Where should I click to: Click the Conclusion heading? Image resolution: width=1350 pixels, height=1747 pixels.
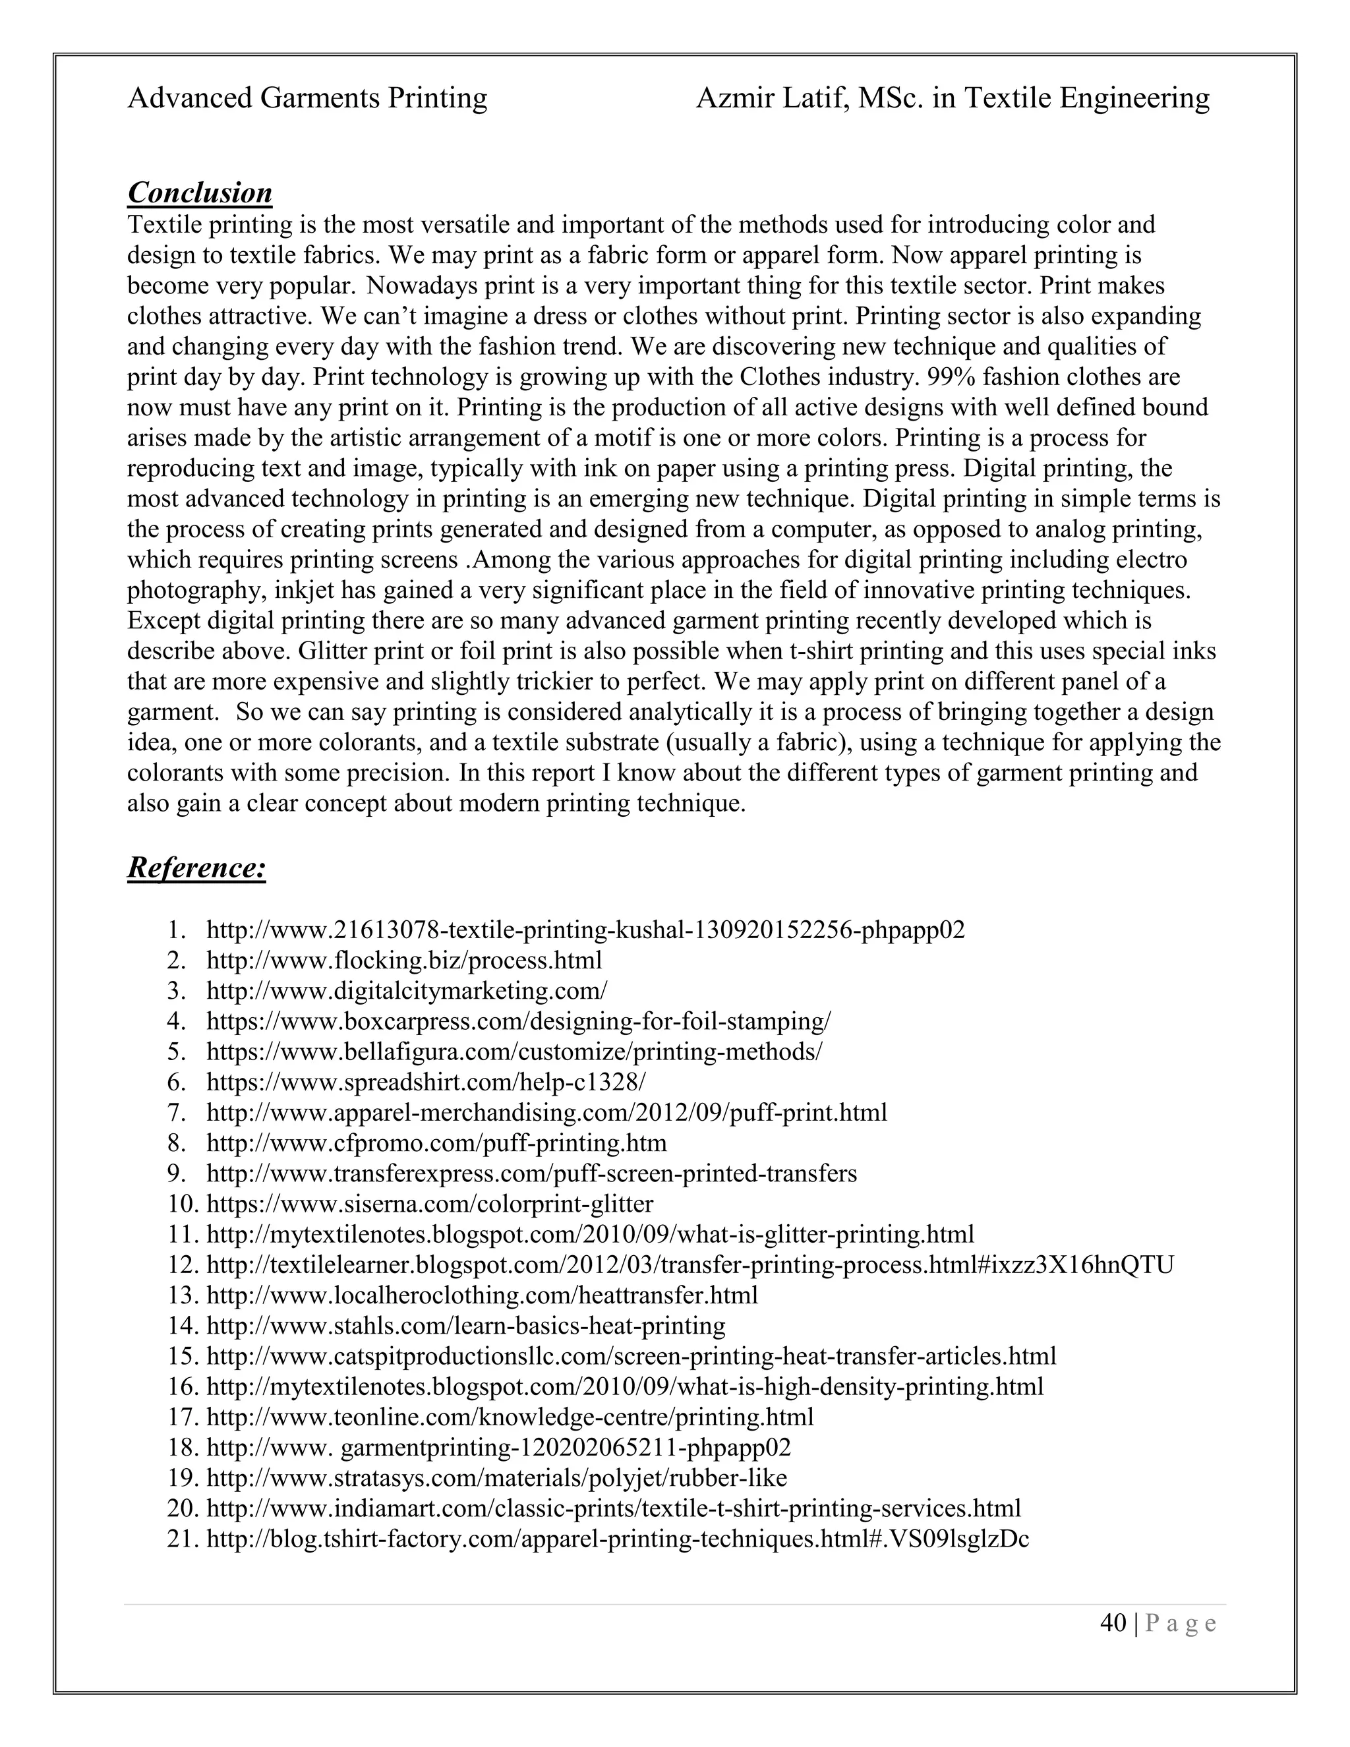[x=200, y=192]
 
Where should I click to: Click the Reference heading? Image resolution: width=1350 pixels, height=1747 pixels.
[x=196, y=868]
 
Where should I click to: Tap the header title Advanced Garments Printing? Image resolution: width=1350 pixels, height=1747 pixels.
[x=307, y=98]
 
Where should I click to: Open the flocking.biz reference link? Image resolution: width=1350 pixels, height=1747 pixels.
[x=404, y=961]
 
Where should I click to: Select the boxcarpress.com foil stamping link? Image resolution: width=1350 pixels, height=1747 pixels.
[x=518, y=1021]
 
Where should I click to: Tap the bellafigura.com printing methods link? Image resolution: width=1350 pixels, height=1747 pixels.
[x=514, y=1052]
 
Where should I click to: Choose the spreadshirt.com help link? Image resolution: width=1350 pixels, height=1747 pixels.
[x=425, y=1082]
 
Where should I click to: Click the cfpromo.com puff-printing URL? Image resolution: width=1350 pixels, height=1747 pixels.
[x=436, y=1143]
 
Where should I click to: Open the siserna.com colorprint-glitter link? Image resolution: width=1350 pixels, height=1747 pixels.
[x=430, y=1204]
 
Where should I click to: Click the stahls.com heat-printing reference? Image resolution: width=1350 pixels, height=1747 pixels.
[x=466, y=1326]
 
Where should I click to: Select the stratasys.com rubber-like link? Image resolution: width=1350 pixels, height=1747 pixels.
[x=496, y=1477]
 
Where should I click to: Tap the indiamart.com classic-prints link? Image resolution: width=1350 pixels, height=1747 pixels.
[x=614, y=1508]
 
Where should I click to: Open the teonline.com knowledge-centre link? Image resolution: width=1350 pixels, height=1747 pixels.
[x=510, y=1417]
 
